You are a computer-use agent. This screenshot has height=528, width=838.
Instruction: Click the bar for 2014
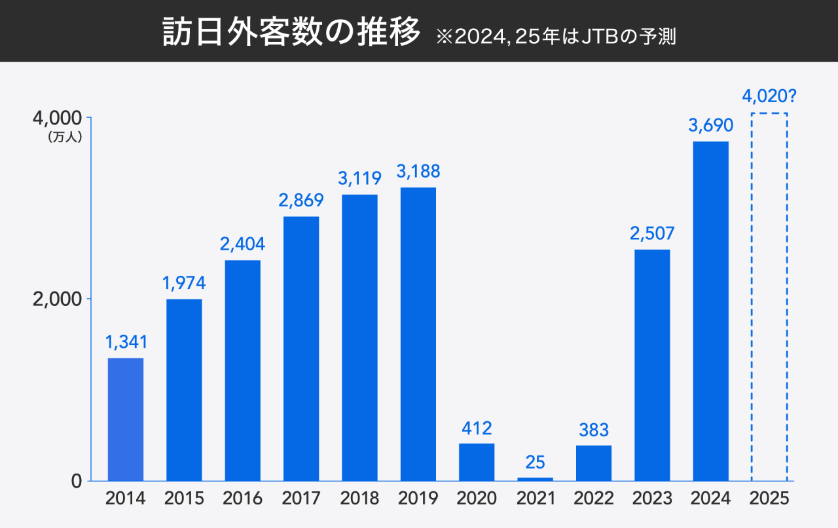point(126,419)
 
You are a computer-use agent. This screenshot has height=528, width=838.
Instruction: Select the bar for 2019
point(418,334)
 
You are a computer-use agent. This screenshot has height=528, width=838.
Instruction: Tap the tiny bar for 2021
point(535,479)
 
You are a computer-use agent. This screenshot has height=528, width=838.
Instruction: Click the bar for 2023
point(652,365)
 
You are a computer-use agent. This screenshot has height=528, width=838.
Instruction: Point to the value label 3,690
point(710,124)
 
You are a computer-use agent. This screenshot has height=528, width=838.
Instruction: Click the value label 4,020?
point(769,97)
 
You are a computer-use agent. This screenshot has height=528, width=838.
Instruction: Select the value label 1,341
point(126,341)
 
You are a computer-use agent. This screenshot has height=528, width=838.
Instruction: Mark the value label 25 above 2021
point(535,462)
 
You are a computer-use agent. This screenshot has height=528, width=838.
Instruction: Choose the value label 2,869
point(301,200)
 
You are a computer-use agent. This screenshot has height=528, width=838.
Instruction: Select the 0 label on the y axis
point(76,481)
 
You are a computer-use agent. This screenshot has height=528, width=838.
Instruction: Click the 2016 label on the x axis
point(242,499)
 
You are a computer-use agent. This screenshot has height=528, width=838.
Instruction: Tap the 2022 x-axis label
point(594,499)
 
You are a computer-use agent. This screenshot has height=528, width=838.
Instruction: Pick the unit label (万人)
point(64,138)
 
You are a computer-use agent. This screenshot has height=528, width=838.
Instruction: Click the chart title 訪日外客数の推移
point(291,32)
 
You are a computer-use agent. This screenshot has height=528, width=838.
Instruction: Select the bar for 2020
point(476,462)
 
